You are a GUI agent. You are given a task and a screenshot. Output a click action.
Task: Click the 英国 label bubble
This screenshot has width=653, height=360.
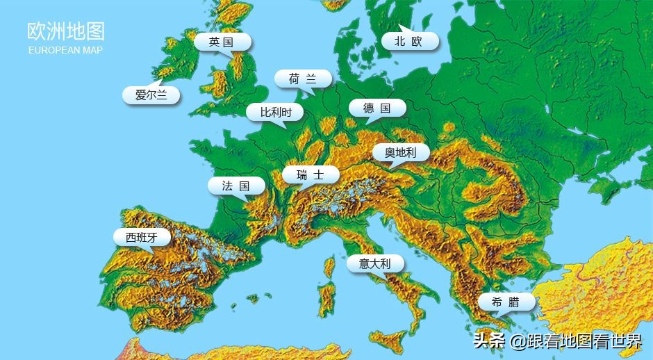click(222, 42)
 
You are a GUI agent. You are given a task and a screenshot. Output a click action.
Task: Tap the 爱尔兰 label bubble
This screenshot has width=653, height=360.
click(151, 95)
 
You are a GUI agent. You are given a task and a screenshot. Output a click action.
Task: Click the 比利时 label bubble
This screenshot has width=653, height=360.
click(272, 112)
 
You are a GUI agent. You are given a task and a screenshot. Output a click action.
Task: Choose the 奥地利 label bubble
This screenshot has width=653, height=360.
click(400, 152)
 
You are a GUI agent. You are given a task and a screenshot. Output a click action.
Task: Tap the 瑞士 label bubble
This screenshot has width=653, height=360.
click(311, 175)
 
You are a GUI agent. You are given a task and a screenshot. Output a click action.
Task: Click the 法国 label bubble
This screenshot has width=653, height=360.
click(236, 186)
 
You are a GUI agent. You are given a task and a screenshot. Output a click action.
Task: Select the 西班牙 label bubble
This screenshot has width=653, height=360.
click(142, 238)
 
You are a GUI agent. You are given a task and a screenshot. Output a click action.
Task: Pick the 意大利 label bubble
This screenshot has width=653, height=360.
click(375, 263)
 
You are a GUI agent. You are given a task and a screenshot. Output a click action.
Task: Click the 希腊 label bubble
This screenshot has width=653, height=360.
click(506, 302)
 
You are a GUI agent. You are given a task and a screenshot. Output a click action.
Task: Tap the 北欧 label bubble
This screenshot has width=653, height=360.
click(409, 42)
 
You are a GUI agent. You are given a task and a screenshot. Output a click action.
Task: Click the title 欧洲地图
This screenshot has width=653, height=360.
click(66, 32)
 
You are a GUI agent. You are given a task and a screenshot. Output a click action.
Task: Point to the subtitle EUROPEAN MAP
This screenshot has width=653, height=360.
click(66, 51)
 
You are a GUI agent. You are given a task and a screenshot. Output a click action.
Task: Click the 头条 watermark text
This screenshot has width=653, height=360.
click(488, 341)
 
